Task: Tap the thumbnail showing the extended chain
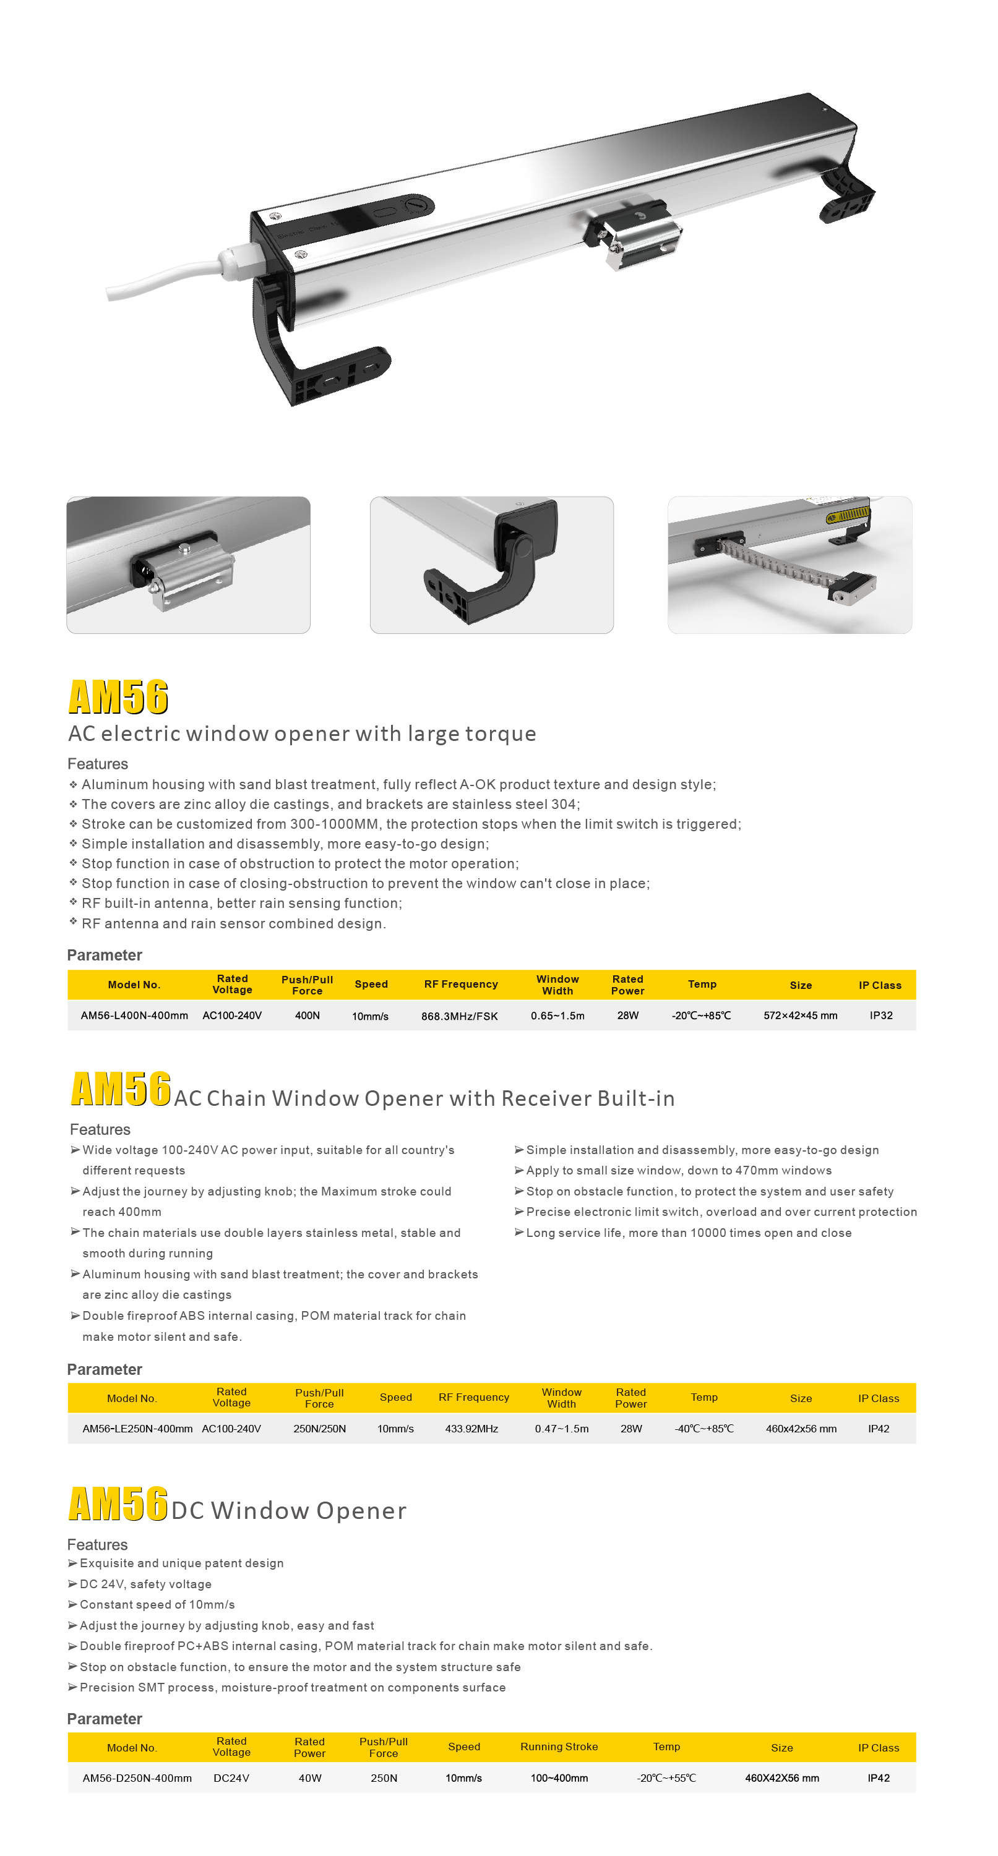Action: point(789,565)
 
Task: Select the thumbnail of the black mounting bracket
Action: point(491,565)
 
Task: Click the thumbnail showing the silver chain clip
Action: point(188,565)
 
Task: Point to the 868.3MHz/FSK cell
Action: point(459,1016)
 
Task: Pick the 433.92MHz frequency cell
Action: point(471,1428)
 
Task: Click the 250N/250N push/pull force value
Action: point(319,1428)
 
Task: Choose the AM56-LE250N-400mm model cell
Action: point(137,1428)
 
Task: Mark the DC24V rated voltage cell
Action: point(231,1777)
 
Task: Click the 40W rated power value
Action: point(310,1777)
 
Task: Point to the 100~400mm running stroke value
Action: point(559,1777)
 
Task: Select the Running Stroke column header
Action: point(559,1747)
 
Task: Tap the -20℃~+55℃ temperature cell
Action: point(666,1777)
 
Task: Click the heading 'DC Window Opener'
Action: point(289,1510)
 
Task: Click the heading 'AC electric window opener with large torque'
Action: point(302,733)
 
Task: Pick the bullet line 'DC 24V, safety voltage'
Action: point(145,1584)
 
